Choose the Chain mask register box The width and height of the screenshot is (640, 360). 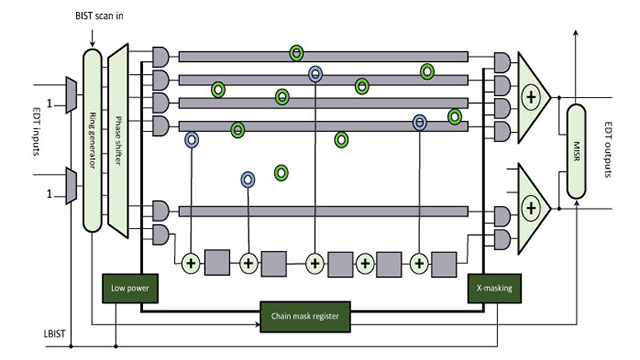coord(305,316)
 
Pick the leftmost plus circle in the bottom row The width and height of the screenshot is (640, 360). coord(191,263)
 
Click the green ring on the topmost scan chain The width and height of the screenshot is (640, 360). coord(296,52)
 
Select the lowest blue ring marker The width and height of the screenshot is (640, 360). coord(248,180)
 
